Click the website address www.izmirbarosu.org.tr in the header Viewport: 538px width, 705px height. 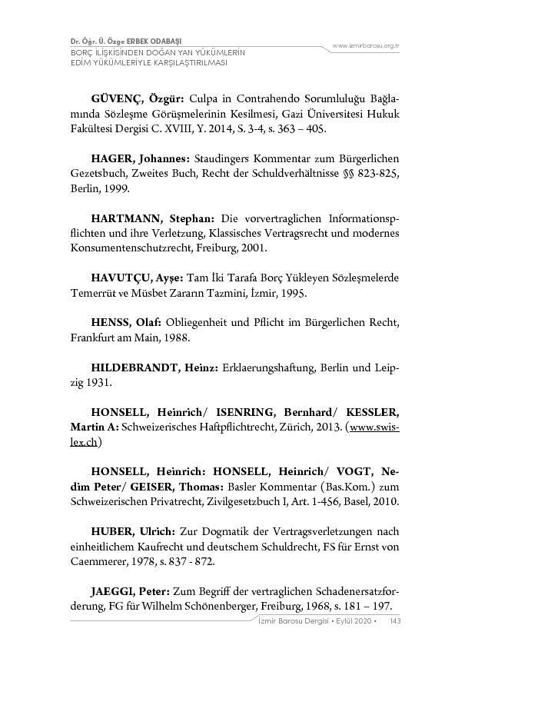coord(366,46)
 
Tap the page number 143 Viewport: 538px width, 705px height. coord(395,621)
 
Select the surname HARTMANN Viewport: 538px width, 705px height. coord(125,218)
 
